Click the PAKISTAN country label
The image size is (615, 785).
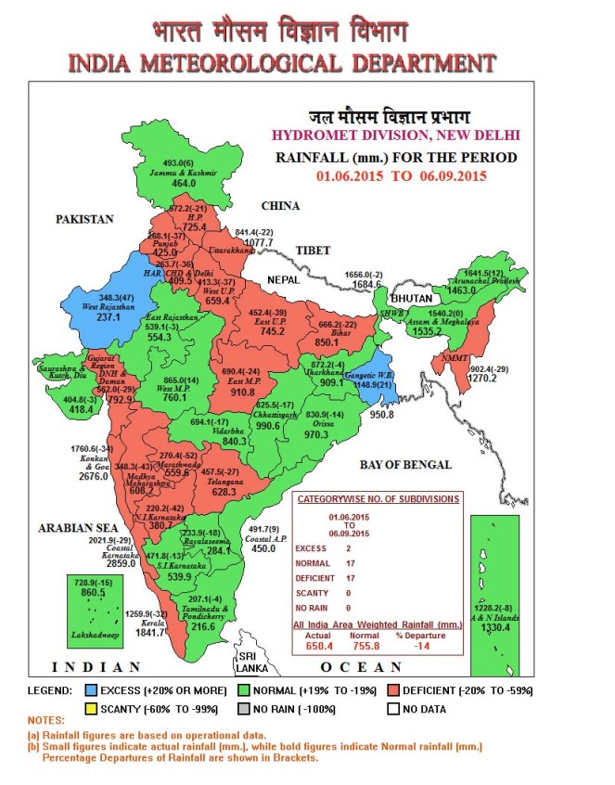click(x=84, y=220)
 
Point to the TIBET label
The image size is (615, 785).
click(x=314, y=251)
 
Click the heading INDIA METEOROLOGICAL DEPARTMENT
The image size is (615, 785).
click(x=280, y=63)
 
